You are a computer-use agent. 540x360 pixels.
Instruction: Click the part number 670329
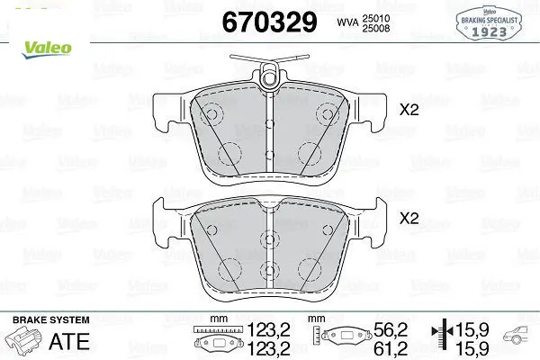tap(269, 22)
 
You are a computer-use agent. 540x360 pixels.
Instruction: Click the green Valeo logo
tap(47, 49)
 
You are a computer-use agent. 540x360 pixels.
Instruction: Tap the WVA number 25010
tap(375, 18)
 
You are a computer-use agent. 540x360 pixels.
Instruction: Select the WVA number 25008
tap(375, 28)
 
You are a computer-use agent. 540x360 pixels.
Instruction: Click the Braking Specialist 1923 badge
tap(489, 23)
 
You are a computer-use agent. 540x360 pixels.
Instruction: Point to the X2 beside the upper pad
tap(409, 110)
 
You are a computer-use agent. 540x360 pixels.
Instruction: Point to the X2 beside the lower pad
tap(409, 218)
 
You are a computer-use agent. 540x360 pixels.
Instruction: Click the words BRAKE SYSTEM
tap(51, 320)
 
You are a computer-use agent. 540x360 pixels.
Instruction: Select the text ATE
tap(69, 341)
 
